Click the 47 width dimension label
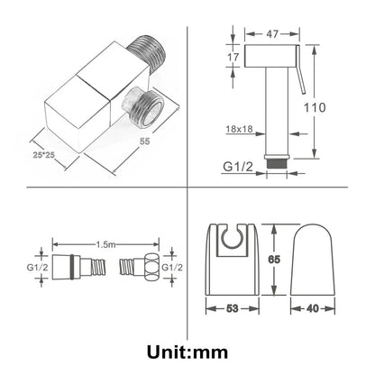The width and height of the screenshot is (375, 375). pyautogui.click(x=272, y=34)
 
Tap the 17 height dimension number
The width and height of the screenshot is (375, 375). pyautogui.click(x=233, y=57)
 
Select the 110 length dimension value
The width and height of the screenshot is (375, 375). pyautogui.click(x=315, y=107)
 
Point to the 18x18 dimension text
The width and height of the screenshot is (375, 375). pyautogui.click(x=239, y=129)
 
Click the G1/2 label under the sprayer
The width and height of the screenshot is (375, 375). pyautogui.click(x=238, y=167)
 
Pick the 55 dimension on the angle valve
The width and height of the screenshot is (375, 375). pyautogui.click(x=144, y=141)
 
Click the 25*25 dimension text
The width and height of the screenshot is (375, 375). pyautogui.click(x=43, y=155)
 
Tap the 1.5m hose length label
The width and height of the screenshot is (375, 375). pyautogui.click(x=105, y=244)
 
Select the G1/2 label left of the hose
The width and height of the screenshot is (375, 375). pyautogui.click(x=37, y=267)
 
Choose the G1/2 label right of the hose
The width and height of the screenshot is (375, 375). pyautogui.click(x=172, y=267)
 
